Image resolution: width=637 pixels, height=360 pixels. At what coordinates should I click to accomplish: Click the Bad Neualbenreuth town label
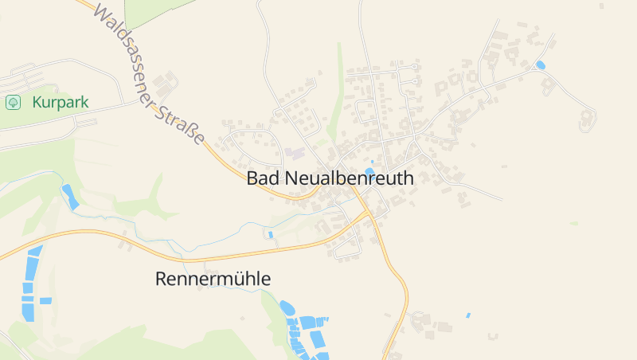tap(330, 178)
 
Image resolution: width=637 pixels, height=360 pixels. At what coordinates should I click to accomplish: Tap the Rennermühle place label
tap(213, 280)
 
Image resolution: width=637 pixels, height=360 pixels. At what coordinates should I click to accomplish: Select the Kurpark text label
tap(61, 103)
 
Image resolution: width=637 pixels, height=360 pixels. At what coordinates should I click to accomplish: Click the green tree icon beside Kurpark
tap(13, 103)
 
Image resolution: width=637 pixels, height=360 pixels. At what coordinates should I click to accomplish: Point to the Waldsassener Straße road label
tap(148, 74)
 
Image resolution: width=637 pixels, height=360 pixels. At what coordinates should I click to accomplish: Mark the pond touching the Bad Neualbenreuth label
tap(369, 170)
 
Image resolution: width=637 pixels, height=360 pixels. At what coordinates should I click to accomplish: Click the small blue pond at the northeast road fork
tap(541, 65)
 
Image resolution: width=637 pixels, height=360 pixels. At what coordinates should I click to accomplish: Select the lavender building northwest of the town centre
tap(295, 151)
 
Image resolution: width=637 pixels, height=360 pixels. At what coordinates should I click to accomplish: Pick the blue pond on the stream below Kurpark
tap(71, 197)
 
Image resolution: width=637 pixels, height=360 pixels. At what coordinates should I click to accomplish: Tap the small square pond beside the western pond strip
tap(45, 301)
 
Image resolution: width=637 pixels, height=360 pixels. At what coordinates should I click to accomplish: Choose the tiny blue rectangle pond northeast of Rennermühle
tap(271, 235)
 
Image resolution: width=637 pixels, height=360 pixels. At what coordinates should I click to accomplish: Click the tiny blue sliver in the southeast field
tap(467, 315)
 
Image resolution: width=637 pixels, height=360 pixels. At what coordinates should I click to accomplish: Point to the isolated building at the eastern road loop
tap(587, 119)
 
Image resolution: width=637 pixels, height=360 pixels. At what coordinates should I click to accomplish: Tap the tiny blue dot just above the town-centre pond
tap(372, 162)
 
